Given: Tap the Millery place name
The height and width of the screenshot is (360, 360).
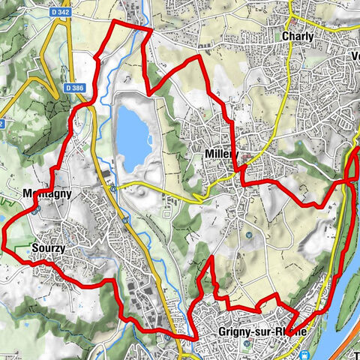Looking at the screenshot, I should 220,153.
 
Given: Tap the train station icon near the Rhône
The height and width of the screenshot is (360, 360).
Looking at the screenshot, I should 304,355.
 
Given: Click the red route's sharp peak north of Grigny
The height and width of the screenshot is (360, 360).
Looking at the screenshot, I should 212,258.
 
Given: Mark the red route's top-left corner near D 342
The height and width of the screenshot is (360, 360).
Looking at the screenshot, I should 113,22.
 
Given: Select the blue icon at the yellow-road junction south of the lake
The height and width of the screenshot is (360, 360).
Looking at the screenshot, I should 112,188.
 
